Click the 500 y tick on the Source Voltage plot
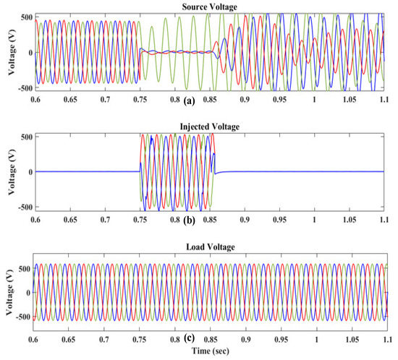click(24, 15)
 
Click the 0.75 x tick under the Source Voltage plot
click(140, 98)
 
